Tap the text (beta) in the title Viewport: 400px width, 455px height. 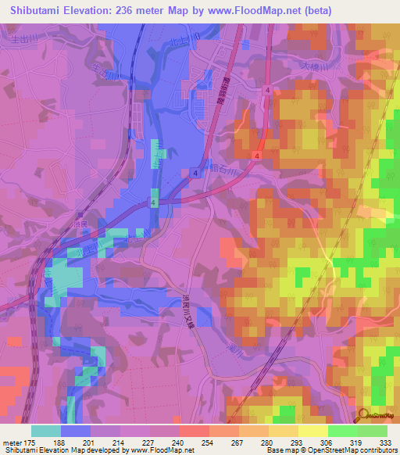coord(311,10)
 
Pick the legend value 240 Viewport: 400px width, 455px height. coord(179,442)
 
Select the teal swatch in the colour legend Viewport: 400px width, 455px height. coord(46,431)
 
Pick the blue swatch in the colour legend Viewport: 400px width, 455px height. coord(76,431)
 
